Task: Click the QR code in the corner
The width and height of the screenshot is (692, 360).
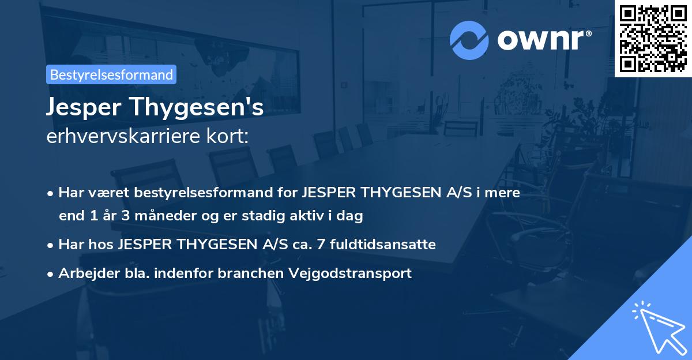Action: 653,39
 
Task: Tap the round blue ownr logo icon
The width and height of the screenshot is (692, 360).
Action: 469,40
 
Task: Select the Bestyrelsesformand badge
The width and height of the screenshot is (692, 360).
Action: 111,74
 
